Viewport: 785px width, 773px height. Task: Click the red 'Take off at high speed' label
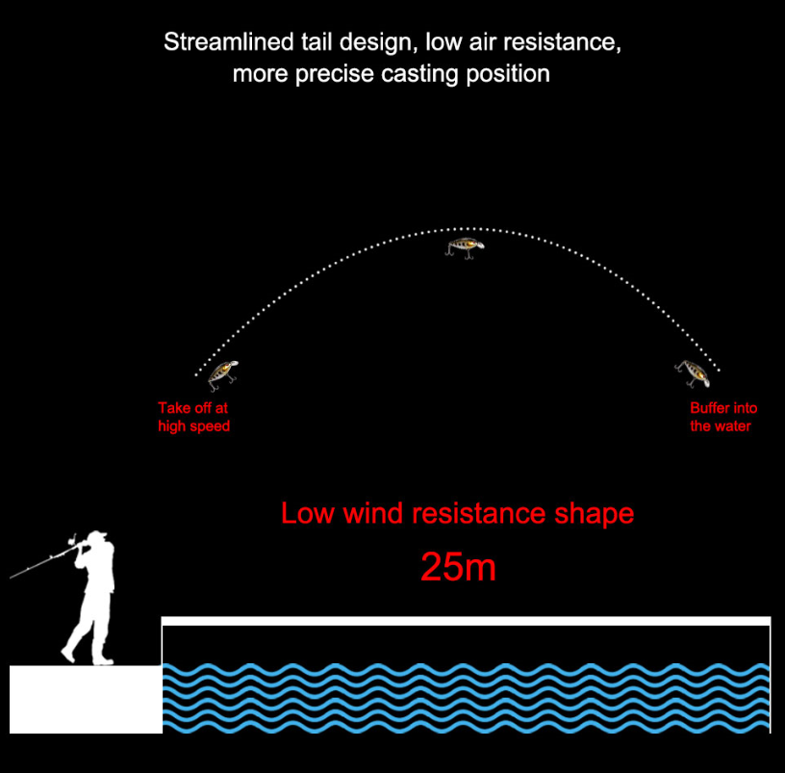[193, 417]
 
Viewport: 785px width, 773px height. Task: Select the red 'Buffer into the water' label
[722, 417]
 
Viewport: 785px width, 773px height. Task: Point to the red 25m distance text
[458, 568]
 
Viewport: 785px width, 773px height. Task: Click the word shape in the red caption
[594, 513]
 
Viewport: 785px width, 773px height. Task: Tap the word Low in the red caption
[306, 513]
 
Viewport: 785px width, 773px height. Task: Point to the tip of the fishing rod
[13, 577]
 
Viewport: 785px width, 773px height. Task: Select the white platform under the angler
[85, 699]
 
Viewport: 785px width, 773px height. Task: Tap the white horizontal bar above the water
[466, 621]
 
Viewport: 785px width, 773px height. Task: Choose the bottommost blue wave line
[466, 725]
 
